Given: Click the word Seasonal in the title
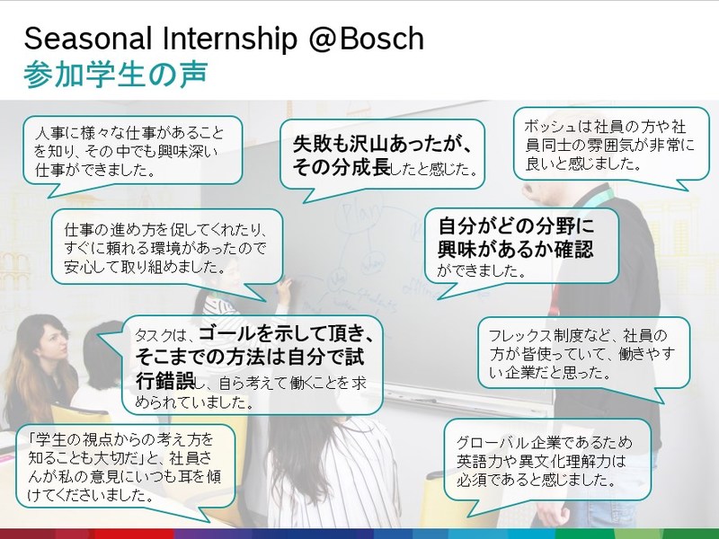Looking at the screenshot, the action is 87,39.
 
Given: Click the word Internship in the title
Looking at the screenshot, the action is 230,40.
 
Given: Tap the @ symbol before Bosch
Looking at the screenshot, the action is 323,40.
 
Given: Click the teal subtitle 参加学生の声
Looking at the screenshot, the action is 116,74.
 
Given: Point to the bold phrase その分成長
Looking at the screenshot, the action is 342,167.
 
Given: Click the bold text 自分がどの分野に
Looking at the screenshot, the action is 516,225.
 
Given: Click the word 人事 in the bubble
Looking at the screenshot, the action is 47,133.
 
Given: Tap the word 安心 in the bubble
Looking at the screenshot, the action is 75,267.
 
